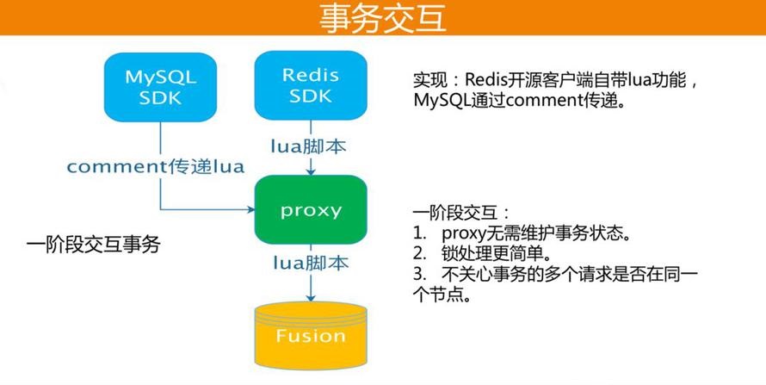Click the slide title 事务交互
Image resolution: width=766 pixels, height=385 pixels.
coord(382,18)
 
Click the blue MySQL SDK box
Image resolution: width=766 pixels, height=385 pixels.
coord(160,87)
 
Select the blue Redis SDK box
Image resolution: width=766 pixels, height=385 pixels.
coord(311,85)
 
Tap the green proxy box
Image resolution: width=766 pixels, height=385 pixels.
coord(311,209)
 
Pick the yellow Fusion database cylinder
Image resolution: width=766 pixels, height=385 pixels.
coord(311,336)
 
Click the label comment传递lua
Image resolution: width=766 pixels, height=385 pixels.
coord(155,166)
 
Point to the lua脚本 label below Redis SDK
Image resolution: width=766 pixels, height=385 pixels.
coord(309,146)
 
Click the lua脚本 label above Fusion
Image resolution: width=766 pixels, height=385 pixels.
coord(311,264)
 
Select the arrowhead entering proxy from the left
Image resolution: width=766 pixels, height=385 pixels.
coord(250,209)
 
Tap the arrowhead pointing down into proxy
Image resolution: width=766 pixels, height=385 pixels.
coord(311,171)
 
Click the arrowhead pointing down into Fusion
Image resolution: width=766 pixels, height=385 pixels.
coord(311,297)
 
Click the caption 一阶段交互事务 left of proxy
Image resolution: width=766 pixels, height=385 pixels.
coord(93,245)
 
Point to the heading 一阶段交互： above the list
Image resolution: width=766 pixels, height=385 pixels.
coord(461,213)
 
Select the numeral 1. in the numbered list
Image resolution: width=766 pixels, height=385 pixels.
coord(420,233)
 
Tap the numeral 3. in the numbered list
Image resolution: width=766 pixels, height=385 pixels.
coord(420,274)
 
